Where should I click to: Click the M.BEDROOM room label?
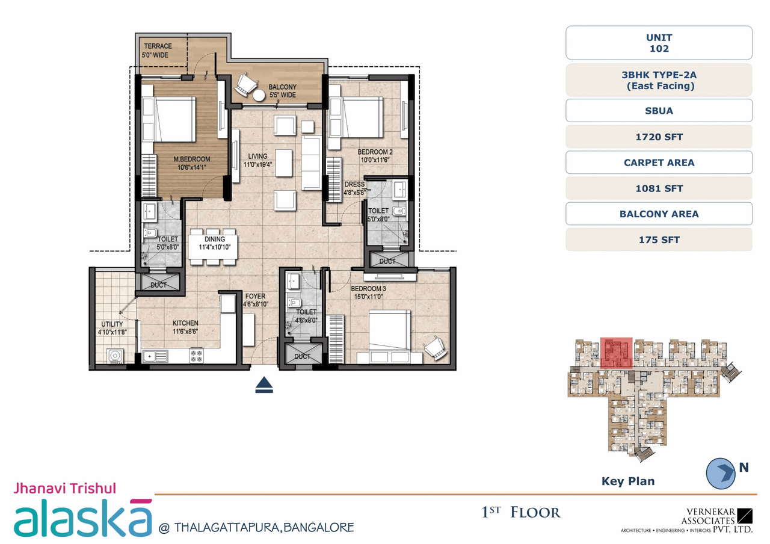click(x=191, y=159)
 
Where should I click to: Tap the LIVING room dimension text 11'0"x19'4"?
click(x=257, y=164)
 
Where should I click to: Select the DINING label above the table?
click(x=214, y=240)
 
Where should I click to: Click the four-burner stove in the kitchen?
click(x=197, y=355)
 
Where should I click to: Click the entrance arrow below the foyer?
click(x=264, y=385)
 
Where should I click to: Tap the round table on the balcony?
click(x=259, y=95)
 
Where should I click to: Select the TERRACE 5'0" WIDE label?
click(x=157, y=51)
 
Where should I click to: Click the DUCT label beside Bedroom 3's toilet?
click(x=303, y=356)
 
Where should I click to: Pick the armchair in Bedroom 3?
click(x=435, y=346)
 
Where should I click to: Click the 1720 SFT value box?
click(x=659, y=137)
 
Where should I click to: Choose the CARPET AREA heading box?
click(x=659, y=162)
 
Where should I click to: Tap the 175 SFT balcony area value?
click(x=659, y=240)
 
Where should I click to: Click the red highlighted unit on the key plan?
click(x=617, y=352)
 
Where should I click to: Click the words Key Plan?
click(x=627, y=481)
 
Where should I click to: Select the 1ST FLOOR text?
click(x=521, y=513)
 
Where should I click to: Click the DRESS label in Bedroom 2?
click(x=354, y=184)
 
